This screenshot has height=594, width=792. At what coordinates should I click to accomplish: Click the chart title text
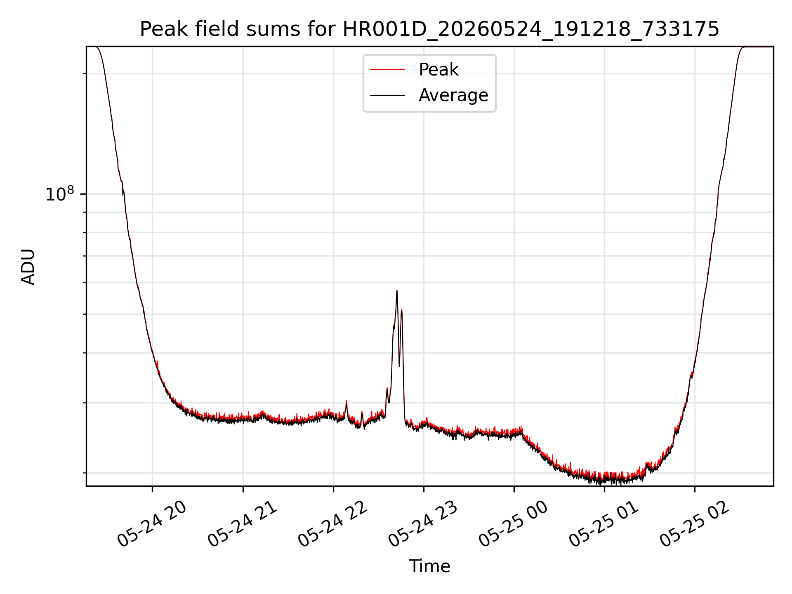click(x=429, y=29)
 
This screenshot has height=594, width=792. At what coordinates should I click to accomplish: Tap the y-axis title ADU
click(x=28, y=266)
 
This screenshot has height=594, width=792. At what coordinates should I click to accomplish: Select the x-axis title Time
click(x=429, y=566)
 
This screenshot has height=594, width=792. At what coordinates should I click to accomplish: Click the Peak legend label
click(x=438, y=70)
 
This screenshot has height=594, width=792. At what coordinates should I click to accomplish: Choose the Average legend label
click(x=453, y=95)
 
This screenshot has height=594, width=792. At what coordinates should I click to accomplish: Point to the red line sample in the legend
click(x=387, y=70)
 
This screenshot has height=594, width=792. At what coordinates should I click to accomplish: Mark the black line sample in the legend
click(x=387, y=95)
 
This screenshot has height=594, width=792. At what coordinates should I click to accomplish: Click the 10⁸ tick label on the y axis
click(x=60, y=194)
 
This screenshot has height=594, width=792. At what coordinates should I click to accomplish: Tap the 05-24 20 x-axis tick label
click(x=153, y=525)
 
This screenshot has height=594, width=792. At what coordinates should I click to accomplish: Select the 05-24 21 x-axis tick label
click(x=243, y=525)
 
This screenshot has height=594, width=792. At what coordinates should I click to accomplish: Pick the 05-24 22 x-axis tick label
click(x=333, y=525)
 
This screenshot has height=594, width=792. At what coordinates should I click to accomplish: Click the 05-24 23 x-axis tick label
click(x=424, y=525)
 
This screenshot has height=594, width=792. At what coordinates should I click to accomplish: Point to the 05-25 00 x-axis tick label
click(x=514, y=525)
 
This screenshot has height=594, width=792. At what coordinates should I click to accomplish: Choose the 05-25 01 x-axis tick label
click(x=604, y=525)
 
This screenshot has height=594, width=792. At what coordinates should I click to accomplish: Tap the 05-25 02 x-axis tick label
click(x=695, y=525)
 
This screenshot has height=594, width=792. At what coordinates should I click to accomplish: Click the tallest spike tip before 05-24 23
click(x=397, y=290)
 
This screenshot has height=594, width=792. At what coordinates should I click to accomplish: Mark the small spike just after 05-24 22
click(x=346, y=401)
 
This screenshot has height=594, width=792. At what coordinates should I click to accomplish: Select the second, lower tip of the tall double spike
click(x=401, y=309)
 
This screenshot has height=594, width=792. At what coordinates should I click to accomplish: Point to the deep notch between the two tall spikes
click(x=399, y=366)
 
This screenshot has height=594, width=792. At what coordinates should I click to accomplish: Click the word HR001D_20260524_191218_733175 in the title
click(x=531, y=29)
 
